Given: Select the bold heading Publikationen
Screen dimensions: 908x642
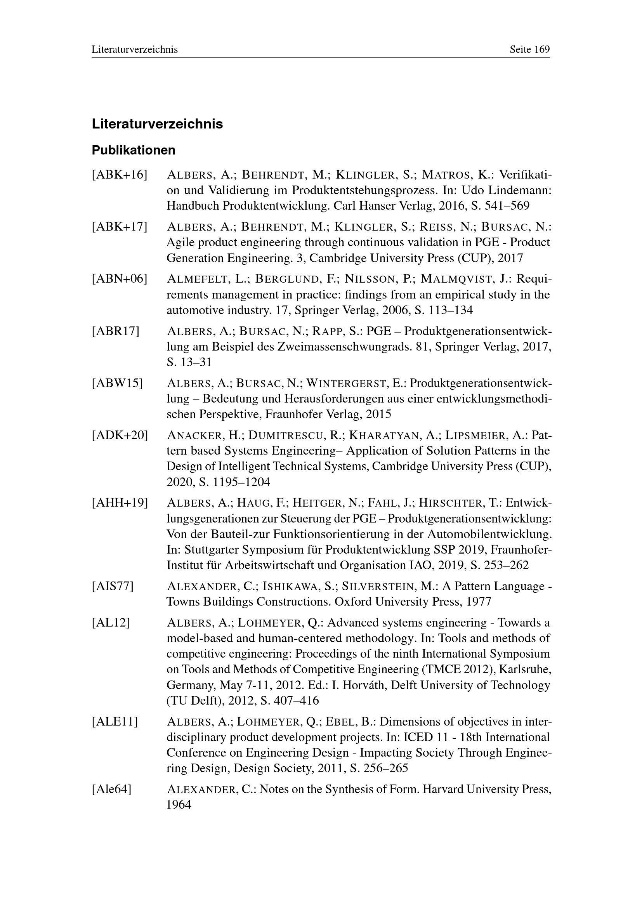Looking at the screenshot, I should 134,151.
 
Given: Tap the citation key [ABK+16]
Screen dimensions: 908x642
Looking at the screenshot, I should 120,174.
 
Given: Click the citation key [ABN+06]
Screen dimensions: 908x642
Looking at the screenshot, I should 120,279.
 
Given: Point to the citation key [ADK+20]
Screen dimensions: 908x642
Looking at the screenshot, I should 120,436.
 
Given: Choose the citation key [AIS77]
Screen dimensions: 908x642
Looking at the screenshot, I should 113,586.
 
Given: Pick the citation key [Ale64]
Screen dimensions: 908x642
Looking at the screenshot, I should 111,789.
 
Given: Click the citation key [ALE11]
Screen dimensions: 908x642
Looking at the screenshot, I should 115,722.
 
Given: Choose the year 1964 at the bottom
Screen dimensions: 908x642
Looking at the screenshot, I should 179,804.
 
